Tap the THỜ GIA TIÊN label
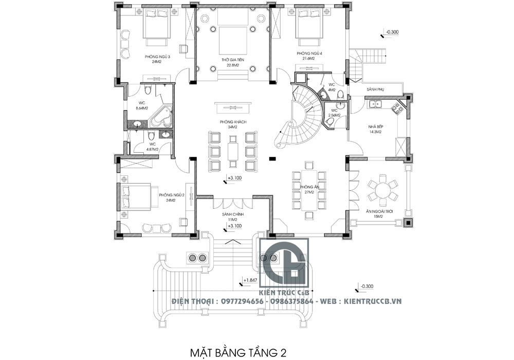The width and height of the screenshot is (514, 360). tap(232, 60)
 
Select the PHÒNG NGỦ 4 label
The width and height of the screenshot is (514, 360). tap(309, 53)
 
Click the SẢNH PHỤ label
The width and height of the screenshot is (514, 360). tap(376, 89)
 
